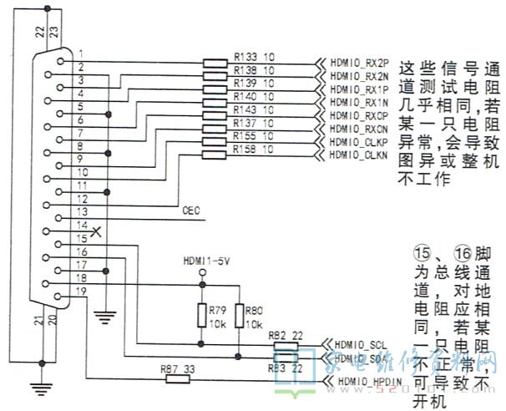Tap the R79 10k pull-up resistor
pyautogui.click(x=200, y=316)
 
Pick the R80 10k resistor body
pyautogui.click(x=239, y=316)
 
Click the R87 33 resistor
pyautogui.click(x=177, y=378)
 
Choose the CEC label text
pyautogui.click(x=190, y=211)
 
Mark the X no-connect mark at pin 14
pyautogui.click(x=99, y=231)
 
